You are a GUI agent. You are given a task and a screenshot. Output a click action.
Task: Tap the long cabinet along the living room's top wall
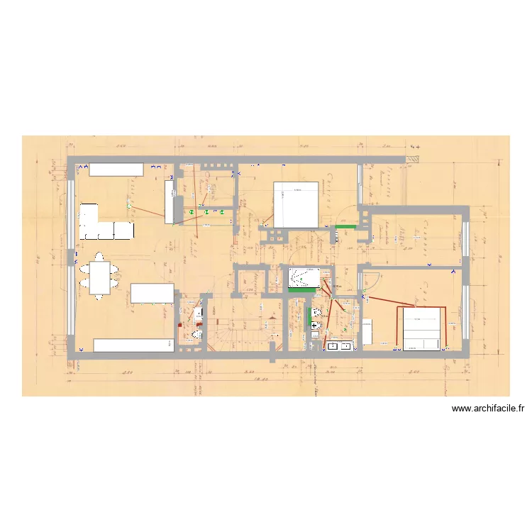click(x=116, y=169)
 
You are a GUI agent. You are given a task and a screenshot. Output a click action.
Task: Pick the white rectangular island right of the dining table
click(x=152, y=293)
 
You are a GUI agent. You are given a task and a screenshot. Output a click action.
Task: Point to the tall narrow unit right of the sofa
click(x=170, y=201)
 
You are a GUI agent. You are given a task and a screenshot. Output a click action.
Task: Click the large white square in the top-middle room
click(x=296, y=204)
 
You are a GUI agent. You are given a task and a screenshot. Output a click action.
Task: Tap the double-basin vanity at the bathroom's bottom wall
click(x=339, y=346)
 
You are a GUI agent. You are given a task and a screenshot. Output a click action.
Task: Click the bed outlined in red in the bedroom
click(x=422, y=328)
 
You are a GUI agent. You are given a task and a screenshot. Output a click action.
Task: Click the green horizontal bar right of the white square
click(x=345, y=226)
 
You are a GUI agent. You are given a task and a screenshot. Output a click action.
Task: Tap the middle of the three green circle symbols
click(x=206, y=211)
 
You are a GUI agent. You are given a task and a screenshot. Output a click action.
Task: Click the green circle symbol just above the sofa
click(x=128, y=206)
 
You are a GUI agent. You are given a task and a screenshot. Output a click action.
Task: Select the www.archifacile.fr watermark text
click(x=487, y=408)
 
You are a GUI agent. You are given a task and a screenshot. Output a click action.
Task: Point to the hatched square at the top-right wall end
click(x=412, y=161)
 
